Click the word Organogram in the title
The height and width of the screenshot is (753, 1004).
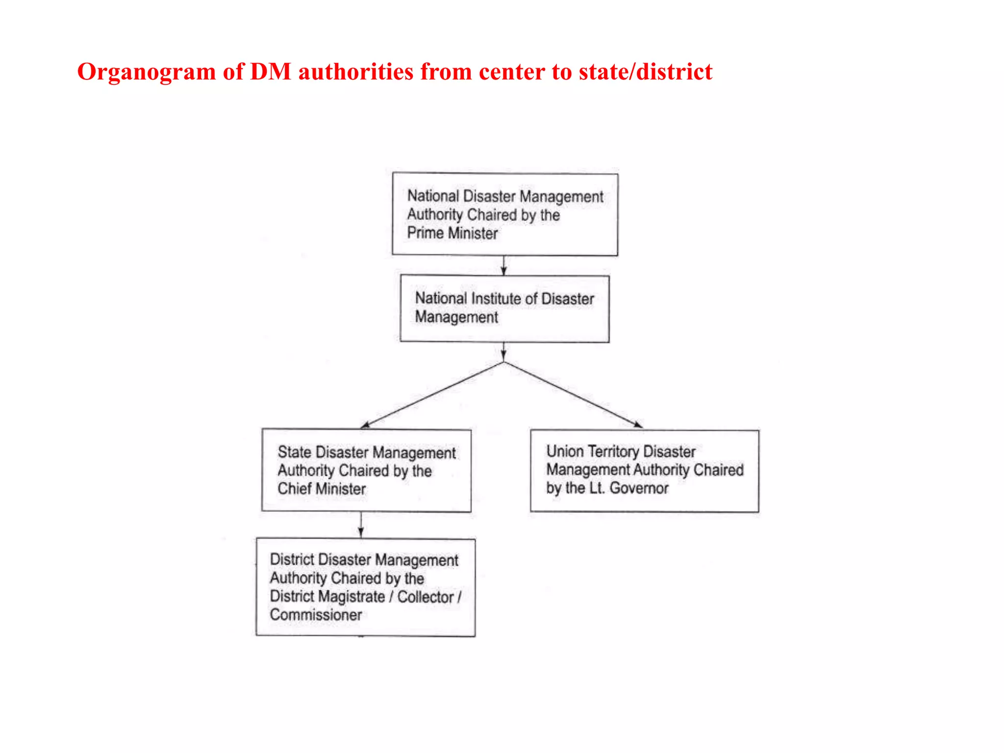146,72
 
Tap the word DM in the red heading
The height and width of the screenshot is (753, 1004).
271,72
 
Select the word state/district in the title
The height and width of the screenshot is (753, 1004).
645,72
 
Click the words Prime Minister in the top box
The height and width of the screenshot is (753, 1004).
452,233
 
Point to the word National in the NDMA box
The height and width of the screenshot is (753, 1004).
433,196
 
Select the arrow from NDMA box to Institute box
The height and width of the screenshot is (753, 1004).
503,265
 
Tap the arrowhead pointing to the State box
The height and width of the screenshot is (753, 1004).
365,425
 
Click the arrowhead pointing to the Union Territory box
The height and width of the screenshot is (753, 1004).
638,425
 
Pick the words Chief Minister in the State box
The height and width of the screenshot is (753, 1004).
322,489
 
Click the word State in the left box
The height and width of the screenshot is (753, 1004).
295,452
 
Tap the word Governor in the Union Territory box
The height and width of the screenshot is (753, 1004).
639,488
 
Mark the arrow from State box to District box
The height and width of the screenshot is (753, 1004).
361,525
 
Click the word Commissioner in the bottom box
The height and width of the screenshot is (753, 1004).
316,615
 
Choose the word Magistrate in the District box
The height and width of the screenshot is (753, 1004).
351,597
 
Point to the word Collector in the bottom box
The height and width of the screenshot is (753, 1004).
426,597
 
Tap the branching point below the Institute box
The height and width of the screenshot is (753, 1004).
503,362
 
